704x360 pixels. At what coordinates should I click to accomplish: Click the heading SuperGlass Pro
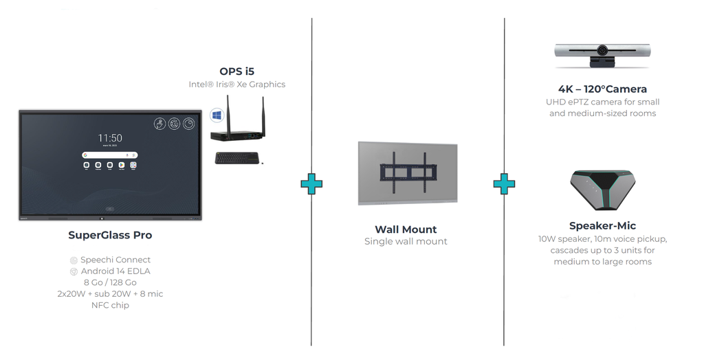click(110, 235)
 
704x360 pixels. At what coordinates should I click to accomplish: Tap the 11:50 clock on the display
click(110, 138)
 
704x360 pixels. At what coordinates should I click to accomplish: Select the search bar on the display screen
click(109, 155)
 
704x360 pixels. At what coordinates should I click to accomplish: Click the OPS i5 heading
click(236, 71)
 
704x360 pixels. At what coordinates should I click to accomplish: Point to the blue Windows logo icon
click(217, 115)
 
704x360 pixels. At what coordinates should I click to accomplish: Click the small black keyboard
click(236, 158)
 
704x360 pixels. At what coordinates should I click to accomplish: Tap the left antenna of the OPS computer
click(228, 113)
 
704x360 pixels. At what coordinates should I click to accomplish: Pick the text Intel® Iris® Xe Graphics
click(236, 85)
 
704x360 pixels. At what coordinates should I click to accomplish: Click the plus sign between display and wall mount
click(311, 184)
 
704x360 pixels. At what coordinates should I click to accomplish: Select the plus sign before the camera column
click(504, 184)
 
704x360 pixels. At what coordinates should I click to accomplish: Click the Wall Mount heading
click(406, 229)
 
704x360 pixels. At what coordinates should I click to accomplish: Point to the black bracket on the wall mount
click(407, 172)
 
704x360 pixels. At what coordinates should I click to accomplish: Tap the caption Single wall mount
click(406, 242)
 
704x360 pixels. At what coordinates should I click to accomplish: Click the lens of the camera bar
click(602, 50)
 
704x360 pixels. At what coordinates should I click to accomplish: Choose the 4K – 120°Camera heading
click(602, 89)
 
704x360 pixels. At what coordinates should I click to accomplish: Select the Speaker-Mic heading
click(602, 226)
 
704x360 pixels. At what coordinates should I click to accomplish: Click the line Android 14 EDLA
click(110, 271)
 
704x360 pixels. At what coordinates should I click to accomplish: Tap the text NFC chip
click(110, 305)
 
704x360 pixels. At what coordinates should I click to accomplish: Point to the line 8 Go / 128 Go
click(110, 282)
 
